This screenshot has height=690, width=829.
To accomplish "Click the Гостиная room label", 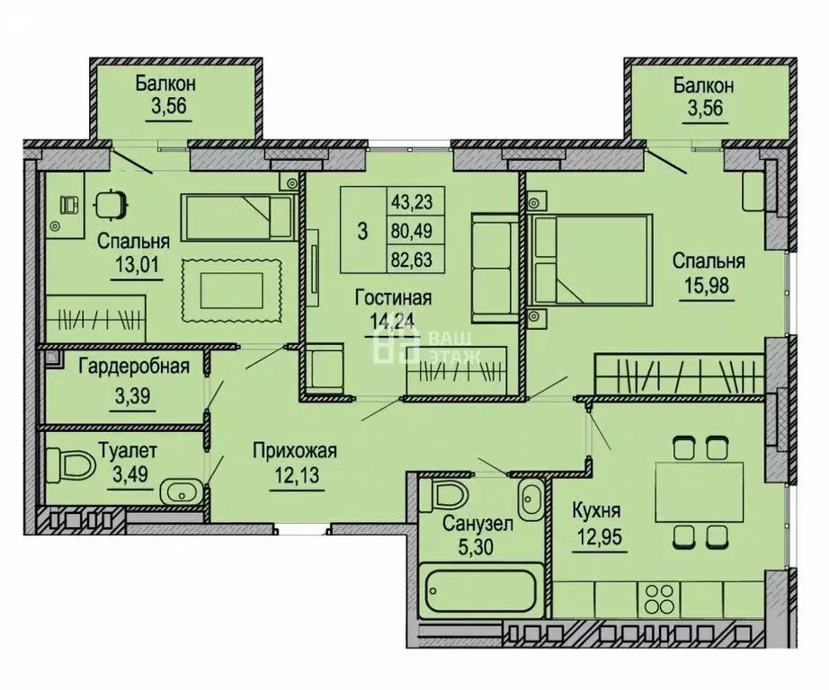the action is point(393,297).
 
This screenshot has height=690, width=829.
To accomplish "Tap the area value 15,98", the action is point(707,286).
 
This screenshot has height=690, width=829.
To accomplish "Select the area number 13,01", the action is point(137,264).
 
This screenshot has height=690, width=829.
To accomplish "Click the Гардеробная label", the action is point(134,366).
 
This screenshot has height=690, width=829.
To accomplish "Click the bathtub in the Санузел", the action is point(482,590).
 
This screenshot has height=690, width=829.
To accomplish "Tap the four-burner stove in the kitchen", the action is point(659,598).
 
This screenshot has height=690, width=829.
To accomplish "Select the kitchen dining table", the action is point(700,491).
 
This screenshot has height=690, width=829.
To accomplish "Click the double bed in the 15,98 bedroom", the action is point(591,260).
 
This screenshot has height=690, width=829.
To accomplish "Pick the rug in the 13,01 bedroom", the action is point(232,290).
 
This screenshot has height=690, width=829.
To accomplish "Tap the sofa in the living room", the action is point(495,268).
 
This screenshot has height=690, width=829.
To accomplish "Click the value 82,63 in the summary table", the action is point(412,260).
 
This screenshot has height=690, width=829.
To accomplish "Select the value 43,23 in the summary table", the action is point(412,201).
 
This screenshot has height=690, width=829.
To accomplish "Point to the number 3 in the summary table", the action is point(362,231).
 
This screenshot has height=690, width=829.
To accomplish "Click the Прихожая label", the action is point(295,451).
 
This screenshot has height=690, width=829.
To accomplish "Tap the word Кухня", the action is point(596,511).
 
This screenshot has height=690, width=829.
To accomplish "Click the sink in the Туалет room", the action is point(181,492).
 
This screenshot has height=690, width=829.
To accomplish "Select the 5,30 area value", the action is point(477,546).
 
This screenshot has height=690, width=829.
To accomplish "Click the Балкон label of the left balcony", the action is point(165,84).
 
